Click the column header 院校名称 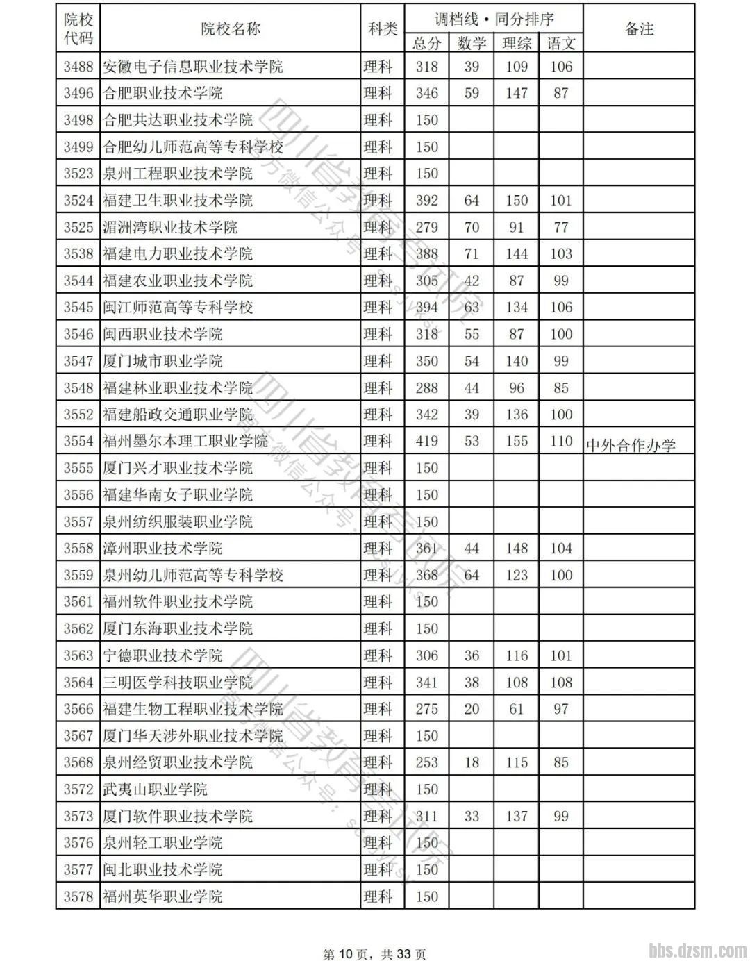231,29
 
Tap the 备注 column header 639,29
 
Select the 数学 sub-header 472,44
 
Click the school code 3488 78,67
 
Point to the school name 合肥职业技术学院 162,93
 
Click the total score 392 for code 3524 426,201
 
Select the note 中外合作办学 631,445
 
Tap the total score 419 426,441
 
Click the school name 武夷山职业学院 155,789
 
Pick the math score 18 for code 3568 472,762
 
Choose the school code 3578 78,896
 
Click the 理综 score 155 517,441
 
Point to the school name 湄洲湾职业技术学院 170,227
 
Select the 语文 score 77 561,227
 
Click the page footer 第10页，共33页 375,954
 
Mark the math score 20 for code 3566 472,709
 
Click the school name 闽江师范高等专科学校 178,307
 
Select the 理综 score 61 517,709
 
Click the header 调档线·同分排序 494,19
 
